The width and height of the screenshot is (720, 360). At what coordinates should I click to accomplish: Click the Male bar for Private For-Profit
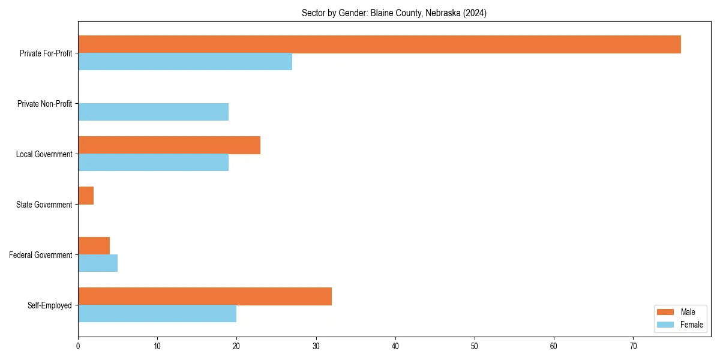click(x=379, y=44)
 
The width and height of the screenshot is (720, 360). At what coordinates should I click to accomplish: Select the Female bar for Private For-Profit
click(x=185, y=62)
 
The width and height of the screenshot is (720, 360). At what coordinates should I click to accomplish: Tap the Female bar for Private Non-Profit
click(x=153, y=112)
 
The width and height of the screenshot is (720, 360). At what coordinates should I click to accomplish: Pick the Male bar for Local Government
click(x=169, y=145)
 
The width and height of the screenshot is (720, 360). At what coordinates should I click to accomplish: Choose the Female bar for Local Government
click(x=153, y=163)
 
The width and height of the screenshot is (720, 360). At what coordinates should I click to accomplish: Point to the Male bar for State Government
click(x=86, y=196)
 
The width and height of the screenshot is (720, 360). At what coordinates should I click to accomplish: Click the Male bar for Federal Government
click(x=94, y=246)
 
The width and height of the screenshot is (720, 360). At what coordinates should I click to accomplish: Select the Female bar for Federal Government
click(x=98, y=263)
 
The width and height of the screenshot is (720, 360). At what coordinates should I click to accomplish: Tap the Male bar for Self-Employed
click(x=205, y=296)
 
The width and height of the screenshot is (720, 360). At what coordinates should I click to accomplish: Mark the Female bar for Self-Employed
click(x=157, y=314)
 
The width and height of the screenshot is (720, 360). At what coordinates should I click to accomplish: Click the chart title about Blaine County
click(x=394, y=13)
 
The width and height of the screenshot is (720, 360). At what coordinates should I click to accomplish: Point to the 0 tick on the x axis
click(x=78, y=346)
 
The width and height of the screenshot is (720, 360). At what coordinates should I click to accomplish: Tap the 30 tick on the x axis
click(x=316, y=346)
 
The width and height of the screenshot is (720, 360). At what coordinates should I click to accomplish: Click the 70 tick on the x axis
click(x=633, y=346)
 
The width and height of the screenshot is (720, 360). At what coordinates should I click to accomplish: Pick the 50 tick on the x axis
click(x=475, y=346)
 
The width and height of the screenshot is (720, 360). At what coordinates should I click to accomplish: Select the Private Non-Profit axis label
click(x=44, y=104)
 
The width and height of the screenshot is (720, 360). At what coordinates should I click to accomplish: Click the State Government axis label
click(x=44, y=205)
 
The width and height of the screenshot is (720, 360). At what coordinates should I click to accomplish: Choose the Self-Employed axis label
click(x=50, y=305)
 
